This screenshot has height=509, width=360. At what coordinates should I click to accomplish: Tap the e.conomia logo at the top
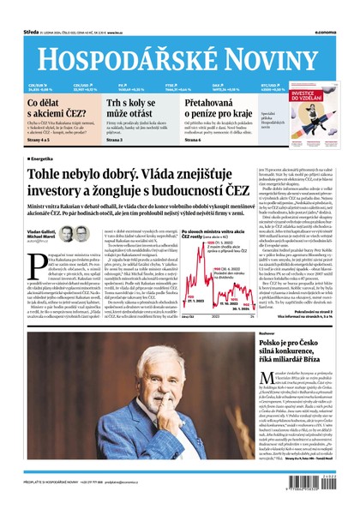pyautogui.click(x=338, y=9)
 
